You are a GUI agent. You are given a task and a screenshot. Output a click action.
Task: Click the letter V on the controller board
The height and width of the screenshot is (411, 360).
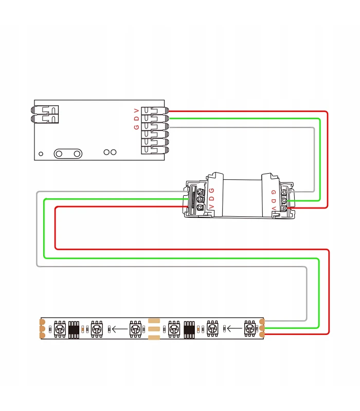(136, 110)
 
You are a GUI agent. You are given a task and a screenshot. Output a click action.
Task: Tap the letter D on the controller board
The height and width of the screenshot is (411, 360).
(136, 119)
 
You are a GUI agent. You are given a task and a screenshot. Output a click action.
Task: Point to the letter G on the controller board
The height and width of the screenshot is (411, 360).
(136, 127)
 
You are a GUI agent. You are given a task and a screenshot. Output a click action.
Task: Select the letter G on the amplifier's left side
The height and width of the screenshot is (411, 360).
(212, 190)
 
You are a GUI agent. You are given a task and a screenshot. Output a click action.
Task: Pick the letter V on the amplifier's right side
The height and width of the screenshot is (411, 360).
(274, 208)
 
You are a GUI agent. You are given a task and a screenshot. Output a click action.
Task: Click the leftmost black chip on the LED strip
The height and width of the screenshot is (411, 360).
(74, 329)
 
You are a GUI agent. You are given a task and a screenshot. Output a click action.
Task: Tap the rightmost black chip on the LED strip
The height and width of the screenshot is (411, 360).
(189, 329)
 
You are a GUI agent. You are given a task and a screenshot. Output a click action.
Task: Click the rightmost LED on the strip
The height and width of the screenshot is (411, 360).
(249, 328)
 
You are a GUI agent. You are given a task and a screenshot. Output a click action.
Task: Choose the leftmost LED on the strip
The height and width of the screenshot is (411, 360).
(60, 329)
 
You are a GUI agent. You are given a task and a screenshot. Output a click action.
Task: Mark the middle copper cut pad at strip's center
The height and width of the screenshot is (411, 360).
(154, 329)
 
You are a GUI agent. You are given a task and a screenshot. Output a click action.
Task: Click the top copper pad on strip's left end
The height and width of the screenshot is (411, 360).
(42, 322)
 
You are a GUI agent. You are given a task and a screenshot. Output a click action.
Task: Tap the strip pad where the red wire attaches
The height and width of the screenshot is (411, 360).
(262, 334)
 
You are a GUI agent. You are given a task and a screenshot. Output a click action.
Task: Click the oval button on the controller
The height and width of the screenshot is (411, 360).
(68, 154)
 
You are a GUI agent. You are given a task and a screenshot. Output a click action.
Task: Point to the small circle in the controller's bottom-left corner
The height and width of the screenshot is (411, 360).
(41, 154)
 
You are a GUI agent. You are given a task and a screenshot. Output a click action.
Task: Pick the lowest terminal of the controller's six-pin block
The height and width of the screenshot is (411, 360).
(155, 150)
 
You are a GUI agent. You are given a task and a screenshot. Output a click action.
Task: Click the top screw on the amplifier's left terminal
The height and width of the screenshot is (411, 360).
(201, 192)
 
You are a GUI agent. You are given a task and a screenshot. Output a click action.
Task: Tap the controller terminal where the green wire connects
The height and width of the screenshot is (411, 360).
(155, 119)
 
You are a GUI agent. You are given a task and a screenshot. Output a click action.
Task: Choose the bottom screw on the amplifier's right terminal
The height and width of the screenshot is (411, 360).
(284, 209)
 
